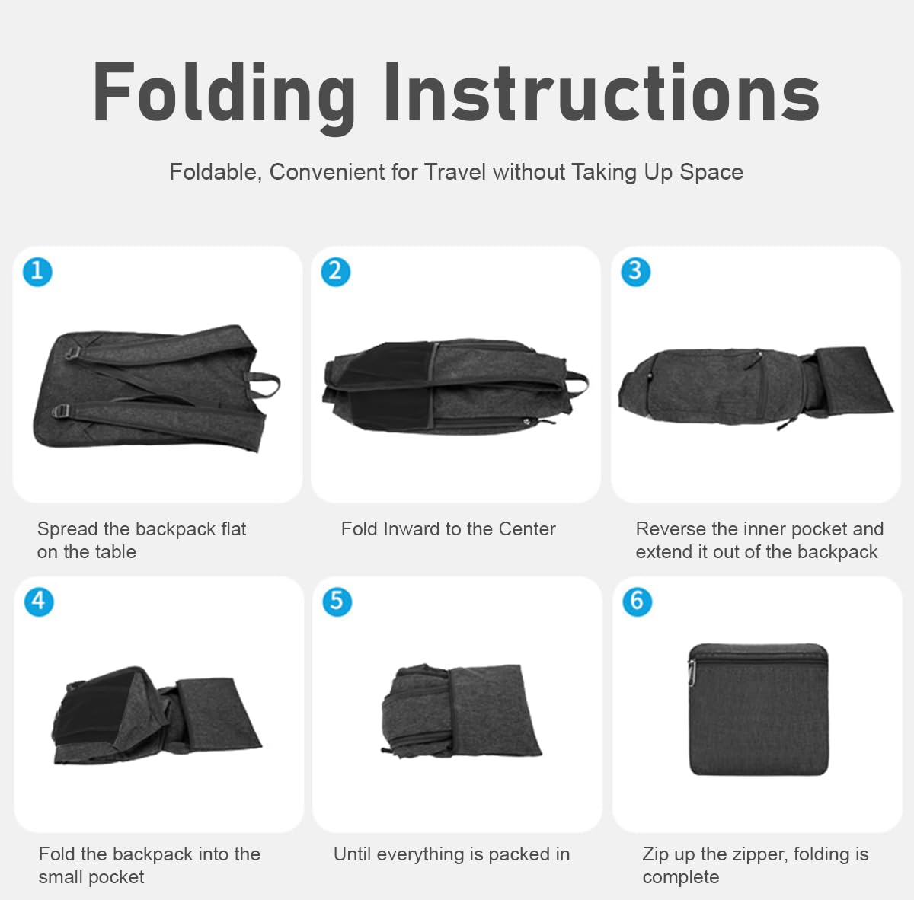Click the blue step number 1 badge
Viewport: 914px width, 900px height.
[x=37, y=272]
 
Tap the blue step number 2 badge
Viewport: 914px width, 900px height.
[x=336, y=272]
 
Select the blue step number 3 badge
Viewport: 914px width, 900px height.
[x=635, y=272]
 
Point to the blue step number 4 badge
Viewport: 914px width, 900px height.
[x=39, y=602]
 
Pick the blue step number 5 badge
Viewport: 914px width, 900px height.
[x=337, y=602]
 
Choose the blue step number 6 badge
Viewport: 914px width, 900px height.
[x=637, y=602]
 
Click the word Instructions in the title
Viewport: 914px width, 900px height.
[x=602, y=92]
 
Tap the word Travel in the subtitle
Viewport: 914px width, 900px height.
[x=455, y=171]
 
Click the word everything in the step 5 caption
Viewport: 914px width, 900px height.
[x=420, y=855]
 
